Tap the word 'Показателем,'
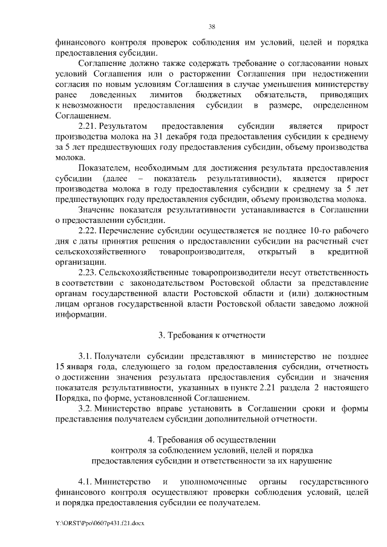click(x=105, y=169)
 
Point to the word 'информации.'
click(x=76, y=314)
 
